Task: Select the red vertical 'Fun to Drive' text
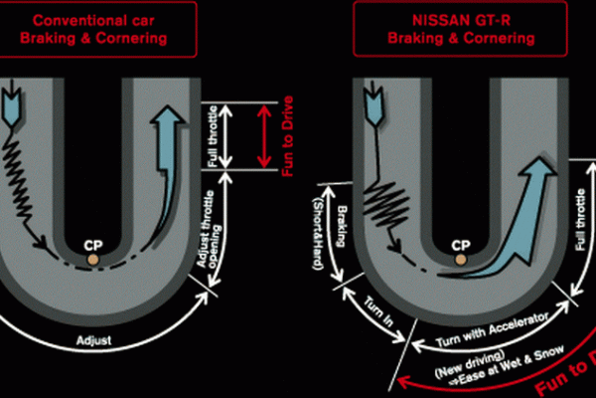point(288,137)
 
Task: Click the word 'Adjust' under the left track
point(96,341)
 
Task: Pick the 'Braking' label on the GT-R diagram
point(340,225)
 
